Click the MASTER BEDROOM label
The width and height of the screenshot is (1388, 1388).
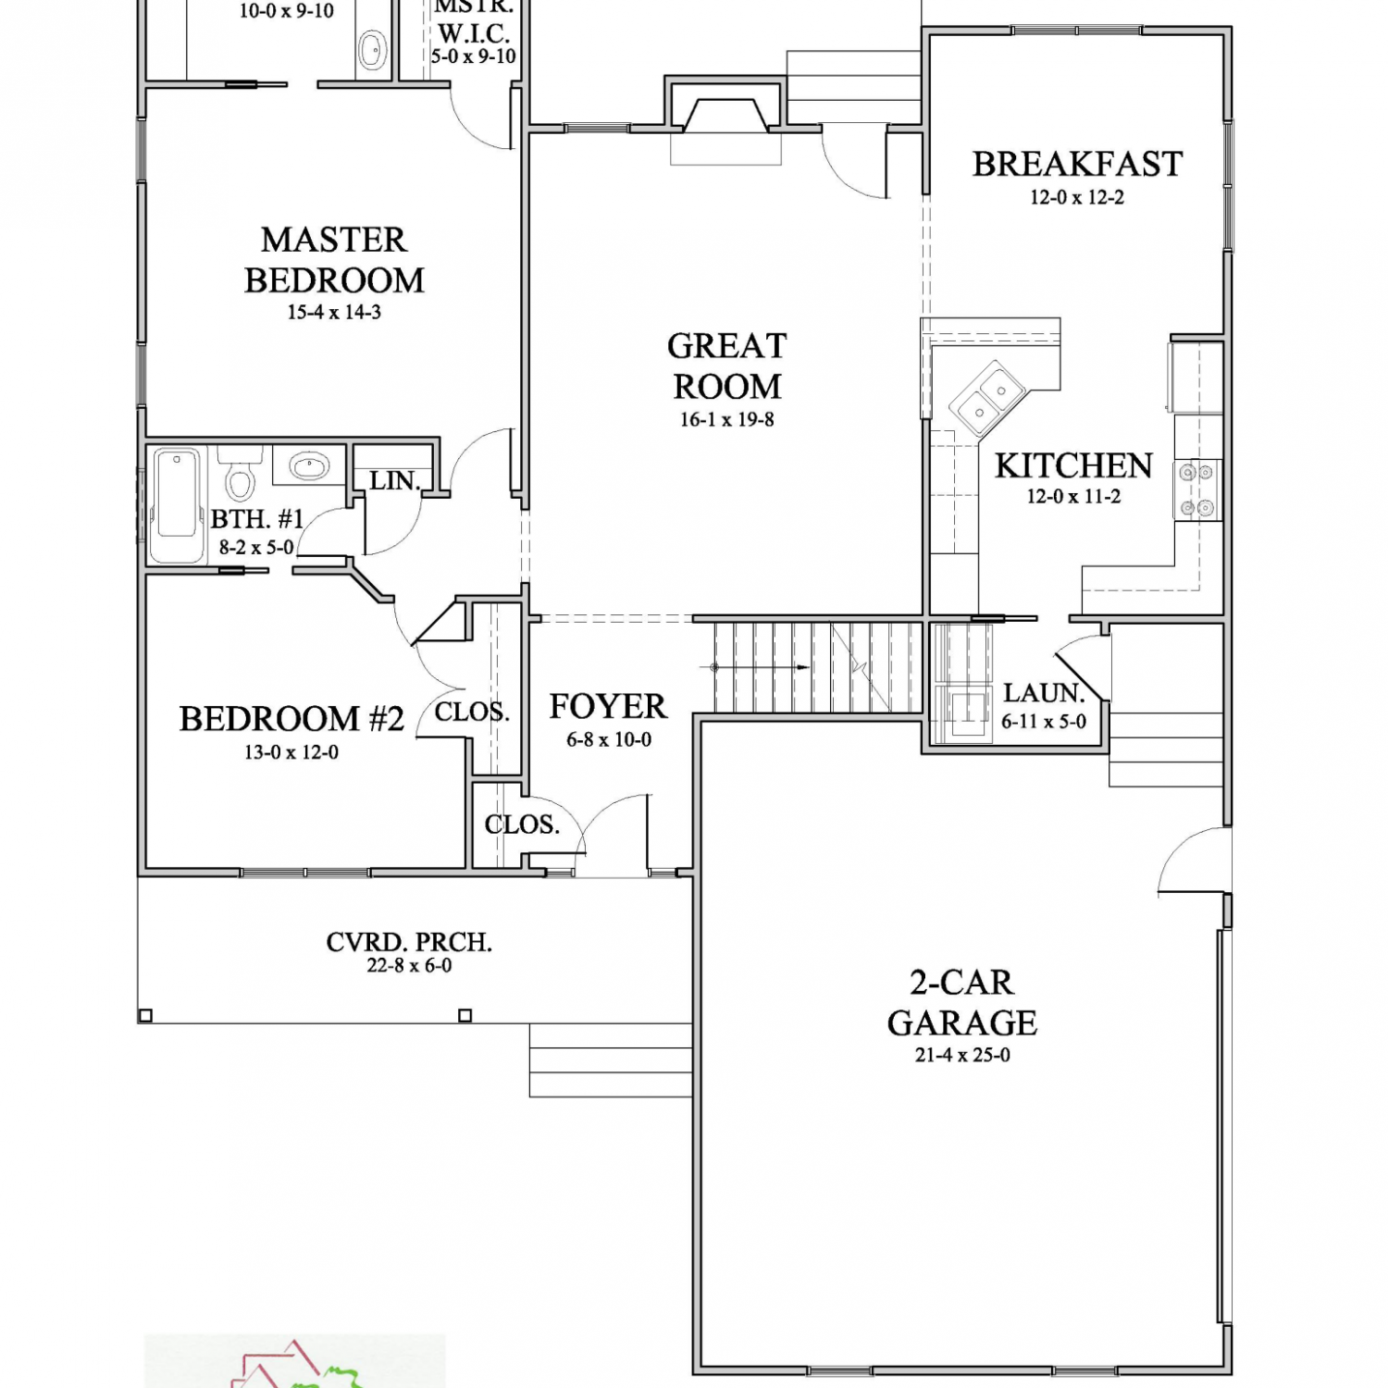coord(334,260)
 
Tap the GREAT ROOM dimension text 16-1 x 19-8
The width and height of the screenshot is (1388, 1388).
coord(727,419)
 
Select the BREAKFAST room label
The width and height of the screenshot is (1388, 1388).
coord(1077,164)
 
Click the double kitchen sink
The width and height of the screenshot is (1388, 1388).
coord(987,400)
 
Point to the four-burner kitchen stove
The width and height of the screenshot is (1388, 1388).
coord(1196,490)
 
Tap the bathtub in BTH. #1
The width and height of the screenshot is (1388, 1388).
coord(177,505)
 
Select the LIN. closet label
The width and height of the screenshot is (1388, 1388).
coord(395,481)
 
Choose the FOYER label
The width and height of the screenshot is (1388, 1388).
coord(608,706)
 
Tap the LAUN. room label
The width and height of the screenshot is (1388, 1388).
coord(1044,693)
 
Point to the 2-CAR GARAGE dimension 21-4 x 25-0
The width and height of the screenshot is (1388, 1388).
coord(962,1055)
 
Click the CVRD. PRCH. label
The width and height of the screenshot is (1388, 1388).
coord(409,942)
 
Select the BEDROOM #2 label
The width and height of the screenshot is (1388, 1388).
coord(291,719)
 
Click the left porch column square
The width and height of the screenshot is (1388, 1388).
coord(145,1016)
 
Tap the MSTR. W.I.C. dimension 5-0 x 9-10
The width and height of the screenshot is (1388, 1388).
coord(474,56)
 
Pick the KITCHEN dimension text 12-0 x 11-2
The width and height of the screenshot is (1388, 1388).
coord(1073,496)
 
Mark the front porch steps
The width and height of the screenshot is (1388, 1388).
coord(611,1060)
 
